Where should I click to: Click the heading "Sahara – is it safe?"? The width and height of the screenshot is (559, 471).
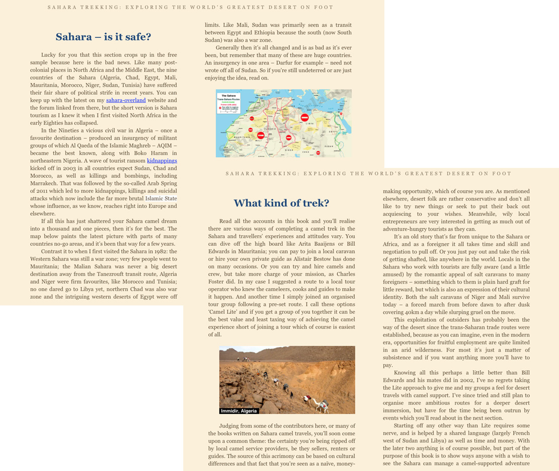(103, 37)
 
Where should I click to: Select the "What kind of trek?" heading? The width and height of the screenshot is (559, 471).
(281, 203)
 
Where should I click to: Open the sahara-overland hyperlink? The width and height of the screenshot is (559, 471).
(126, 100)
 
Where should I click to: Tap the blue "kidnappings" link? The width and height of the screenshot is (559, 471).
(162, 161)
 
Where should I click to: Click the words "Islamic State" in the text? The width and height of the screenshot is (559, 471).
(161, 198)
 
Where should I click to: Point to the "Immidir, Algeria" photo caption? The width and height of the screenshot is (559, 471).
(239, 411)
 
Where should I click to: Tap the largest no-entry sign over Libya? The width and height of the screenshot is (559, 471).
(304, 117)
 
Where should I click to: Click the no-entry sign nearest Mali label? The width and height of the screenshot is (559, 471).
(261, 135)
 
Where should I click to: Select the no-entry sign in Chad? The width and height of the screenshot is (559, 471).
(318, 153)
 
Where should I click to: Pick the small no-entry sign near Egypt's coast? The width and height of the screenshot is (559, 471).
(341, 114)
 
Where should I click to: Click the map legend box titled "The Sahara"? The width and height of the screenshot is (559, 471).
(228, 102)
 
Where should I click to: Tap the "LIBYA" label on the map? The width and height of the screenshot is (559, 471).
(309, 124)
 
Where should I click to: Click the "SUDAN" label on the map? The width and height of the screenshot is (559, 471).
(329, 146)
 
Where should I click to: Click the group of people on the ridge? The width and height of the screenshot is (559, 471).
(246, 359)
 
